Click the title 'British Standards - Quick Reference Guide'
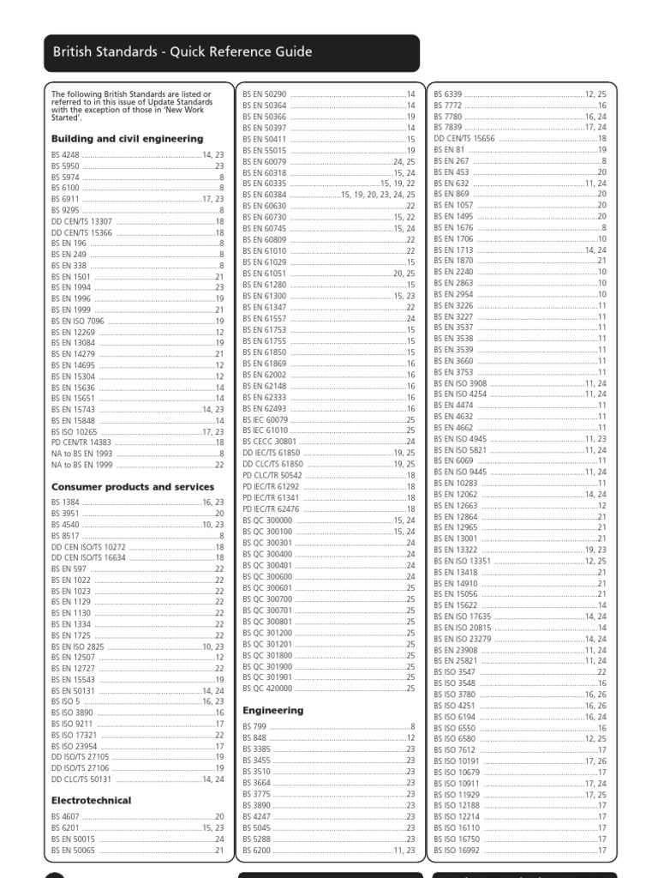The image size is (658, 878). click(x=182, y=52)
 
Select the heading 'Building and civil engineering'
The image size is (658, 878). click(x=128, y=138)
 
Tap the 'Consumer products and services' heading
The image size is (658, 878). click(x=133, y=487)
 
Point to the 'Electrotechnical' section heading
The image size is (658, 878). click(x=92, y=800)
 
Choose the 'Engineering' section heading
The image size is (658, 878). click(x=273, y=710)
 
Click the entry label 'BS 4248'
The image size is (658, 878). click(x=64, y=154)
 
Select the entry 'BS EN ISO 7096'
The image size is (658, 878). click(x=77, y=321)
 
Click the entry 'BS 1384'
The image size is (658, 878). click(x=64, y=501)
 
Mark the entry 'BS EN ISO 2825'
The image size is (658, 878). click(x=77, y=646)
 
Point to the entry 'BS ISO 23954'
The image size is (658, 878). click(x=74, y=746)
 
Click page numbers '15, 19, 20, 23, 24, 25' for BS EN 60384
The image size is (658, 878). click(x=378, y=195)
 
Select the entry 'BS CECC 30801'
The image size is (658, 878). click(x=269, y=441)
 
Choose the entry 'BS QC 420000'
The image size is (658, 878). click(x=267, y=688)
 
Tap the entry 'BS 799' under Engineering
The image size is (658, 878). click(x=254, y=726)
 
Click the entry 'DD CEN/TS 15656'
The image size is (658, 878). click(x=464, y=138)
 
